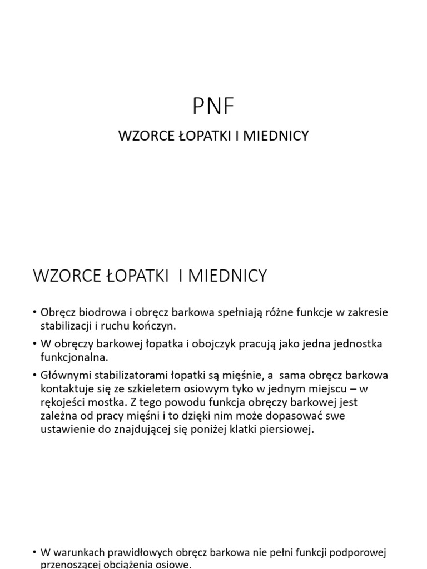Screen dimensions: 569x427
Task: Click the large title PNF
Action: click(x=213, y=107)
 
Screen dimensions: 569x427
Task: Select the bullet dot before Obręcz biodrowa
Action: click(x=35, y=313)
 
